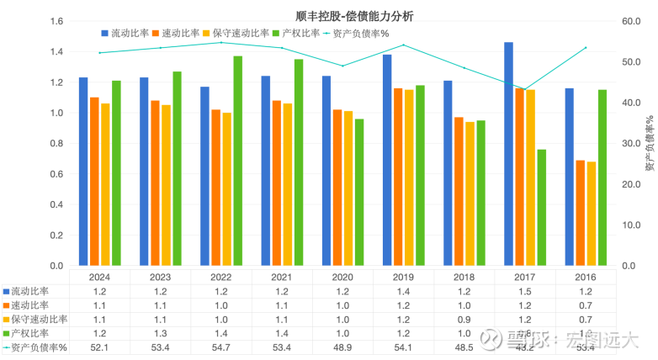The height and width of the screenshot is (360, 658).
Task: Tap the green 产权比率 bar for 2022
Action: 238,161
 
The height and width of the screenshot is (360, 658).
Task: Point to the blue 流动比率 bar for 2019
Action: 387,160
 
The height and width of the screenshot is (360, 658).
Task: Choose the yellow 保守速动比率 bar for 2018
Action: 470,193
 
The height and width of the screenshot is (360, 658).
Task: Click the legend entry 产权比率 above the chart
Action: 296,33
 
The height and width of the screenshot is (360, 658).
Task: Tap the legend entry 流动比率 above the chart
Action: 125,33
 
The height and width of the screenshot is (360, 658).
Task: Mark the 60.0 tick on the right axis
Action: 629,21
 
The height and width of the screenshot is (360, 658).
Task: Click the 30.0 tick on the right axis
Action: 629,144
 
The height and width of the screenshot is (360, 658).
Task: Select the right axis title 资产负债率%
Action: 648,145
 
